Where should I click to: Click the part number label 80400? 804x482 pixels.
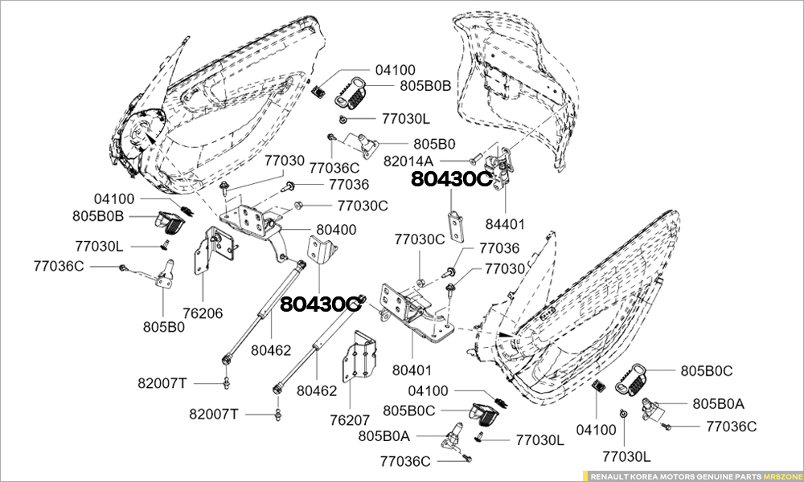pyautogui.click(x=336, y=230)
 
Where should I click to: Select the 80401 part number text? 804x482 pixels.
pyautogui.click(x=412, y=371)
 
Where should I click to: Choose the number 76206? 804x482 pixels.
pyautogui.click(x=203, y=313)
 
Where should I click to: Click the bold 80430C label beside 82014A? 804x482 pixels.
pyautogui.click(x=450, y=180)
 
